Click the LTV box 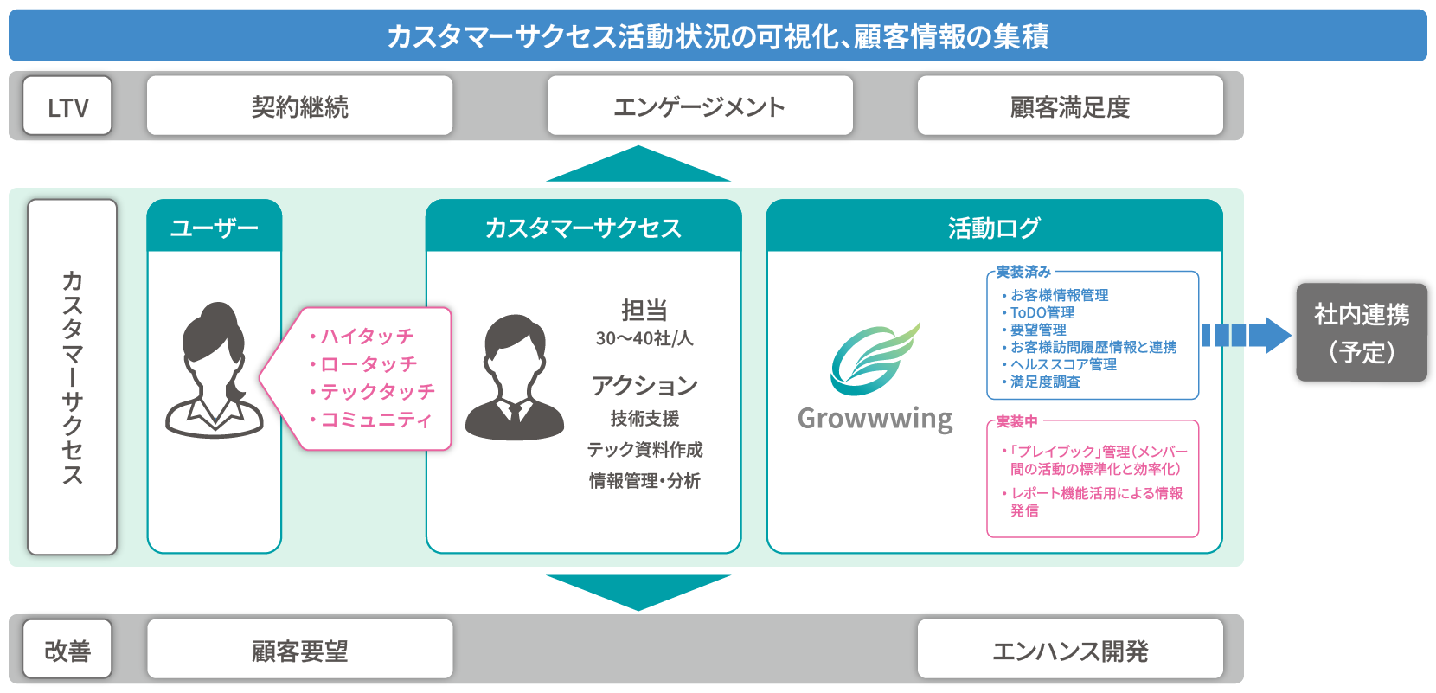(x=67, y=106)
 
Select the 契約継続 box (x=300, y=106)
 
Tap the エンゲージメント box (x=700, y=106)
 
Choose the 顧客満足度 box (x=1070, y=106)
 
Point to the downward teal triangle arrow (x=638, y=590)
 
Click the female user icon (x=215, y=370)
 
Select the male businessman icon (x=515, y=377)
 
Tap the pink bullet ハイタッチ (x=362, y=336)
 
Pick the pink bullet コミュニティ (x=371, y=420)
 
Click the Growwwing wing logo (x=875, y=359)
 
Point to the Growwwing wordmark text (x=875, y=419)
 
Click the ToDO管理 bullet (x=1038, y=313)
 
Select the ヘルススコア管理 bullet (x=1059, y=365)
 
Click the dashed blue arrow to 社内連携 (x=1247, y=336)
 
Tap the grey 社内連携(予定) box (x=1362, y=333)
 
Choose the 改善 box (x=67, y=649)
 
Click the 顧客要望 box (x=300, y=649)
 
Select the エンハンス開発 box (x=1070, y=649)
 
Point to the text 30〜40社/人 (x=644, y=338)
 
